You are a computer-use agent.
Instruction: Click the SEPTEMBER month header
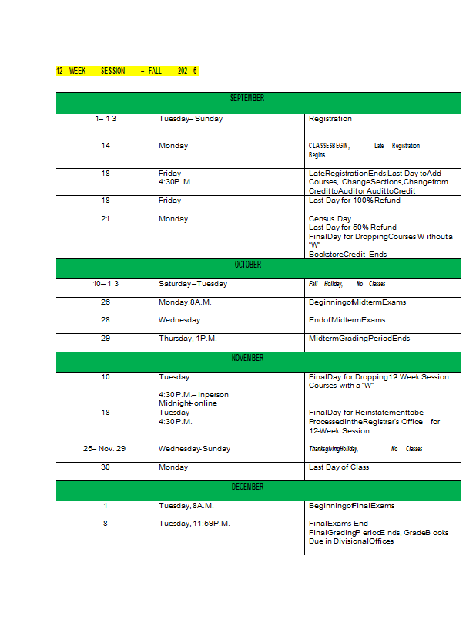247,99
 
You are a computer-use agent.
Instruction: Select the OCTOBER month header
247,265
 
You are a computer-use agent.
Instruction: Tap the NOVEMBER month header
247,359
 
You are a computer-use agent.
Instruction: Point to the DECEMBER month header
247,487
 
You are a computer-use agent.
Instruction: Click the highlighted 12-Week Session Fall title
127,71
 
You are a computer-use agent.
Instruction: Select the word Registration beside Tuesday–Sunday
330,119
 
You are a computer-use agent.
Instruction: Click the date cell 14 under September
106,146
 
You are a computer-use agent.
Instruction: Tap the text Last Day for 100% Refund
354,201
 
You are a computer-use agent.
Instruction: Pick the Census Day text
330,219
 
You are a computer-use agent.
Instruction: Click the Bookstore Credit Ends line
347,254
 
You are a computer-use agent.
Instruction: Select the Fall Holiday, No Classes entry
347,284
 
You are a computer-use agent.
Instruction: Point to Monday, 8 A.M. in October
185,302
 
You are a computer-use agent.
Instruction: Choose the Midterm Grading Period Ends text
359,339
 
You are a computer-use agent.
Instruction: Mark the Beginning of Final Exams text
351,506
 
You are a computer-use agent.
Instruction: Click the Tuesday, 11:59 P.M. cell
194,524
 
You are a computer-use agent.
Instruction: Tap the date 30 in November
106,467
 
